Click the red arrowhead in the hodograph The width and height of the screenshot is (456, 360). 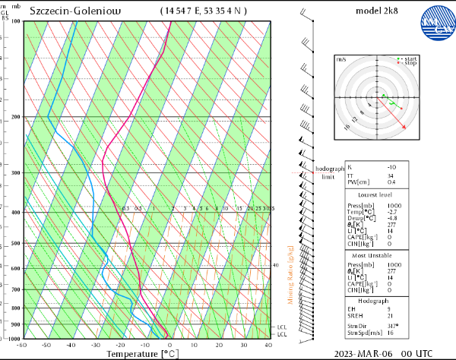tap(404, 127)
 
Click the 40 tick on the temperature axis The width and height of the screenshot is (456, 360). tap(268, 345)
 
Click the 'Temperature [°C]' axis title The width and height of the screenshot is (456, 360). tap(142, 353)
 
